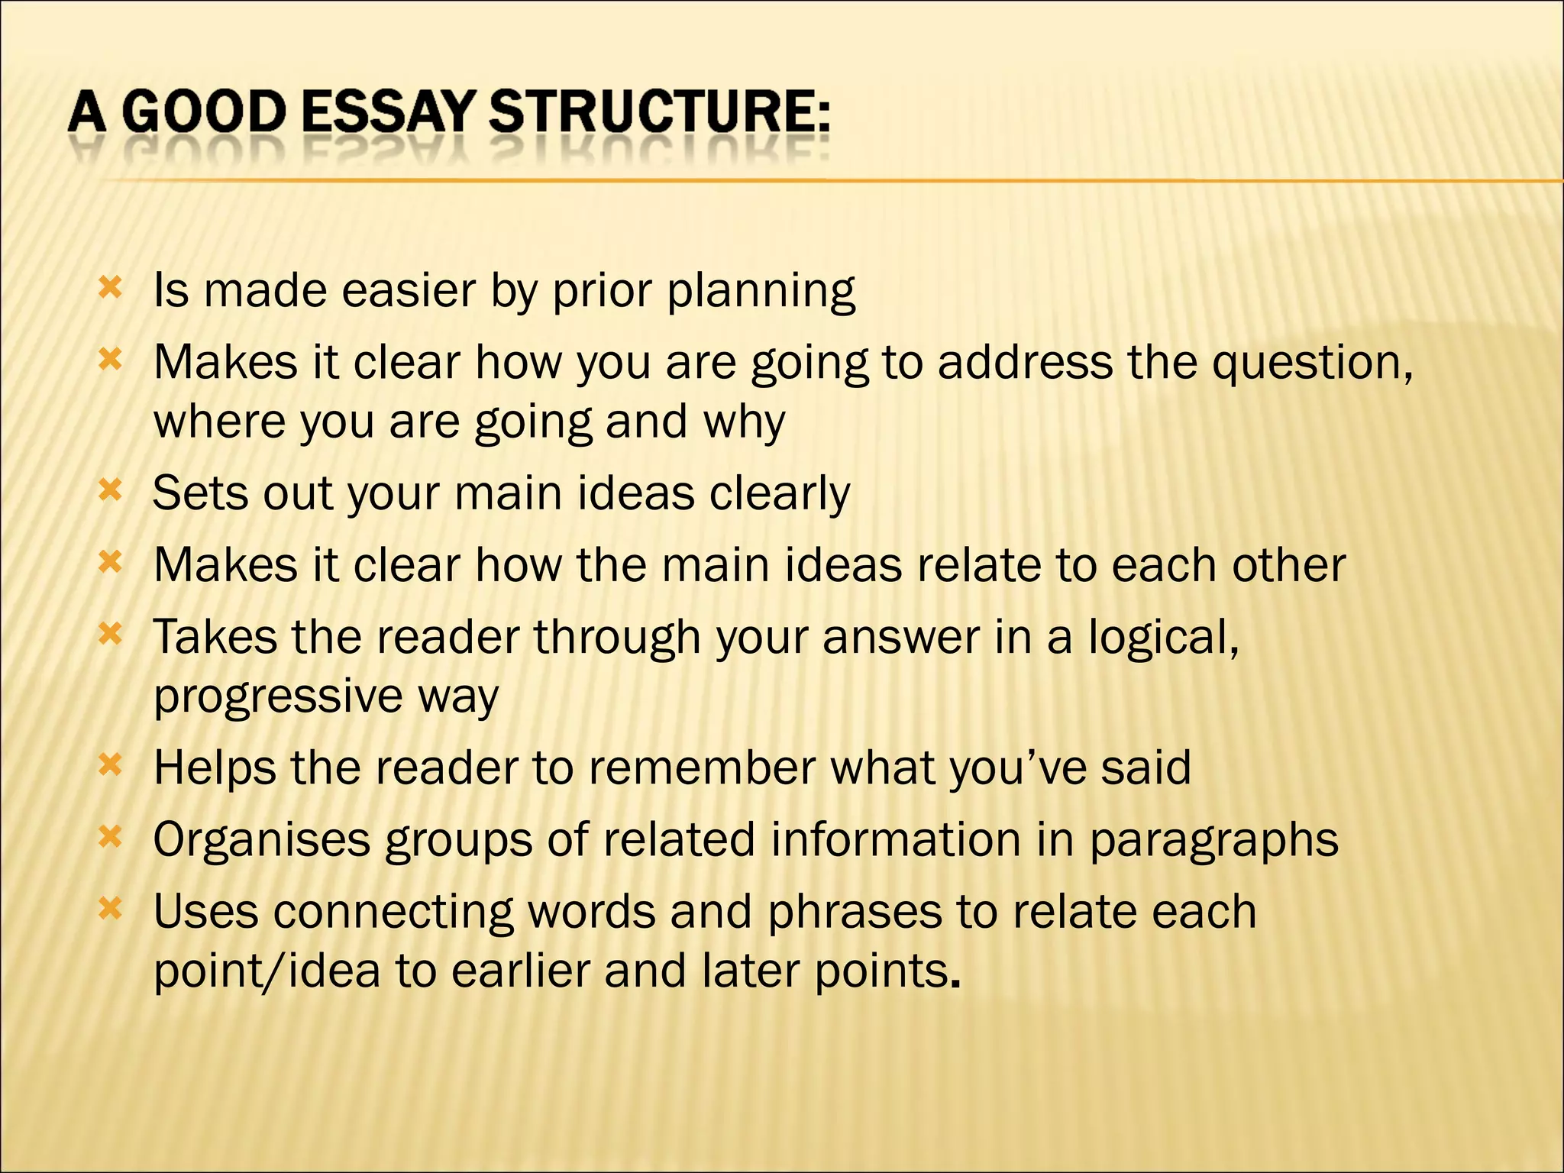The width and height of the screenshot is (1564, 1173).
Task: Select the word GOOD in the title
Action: click(203, 112)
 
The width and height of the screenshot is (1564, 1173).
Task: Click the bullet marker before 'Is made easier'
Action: click(111, 289)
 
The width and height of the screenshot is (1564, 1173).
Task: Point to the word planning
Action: click(761, 292)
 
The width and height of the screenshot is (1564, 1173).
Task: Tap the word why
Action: click(744, 423)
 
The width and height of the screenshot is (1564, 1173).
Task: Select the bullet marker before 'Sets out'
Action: click(111, 490)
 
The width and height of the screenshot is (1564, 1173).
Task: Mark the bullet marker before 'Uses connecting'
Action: click(111, 909)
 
